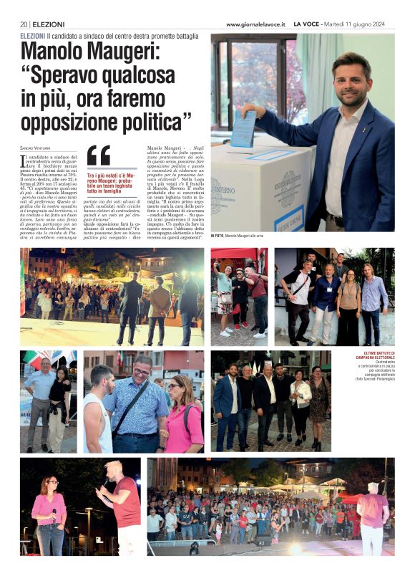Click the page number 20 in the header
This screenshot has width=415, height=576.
[24, 24]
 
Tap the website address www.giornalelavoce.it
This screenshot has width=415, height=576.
[255, 24]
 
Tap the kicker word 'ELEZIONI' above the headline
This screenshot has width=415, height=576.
[33, 35]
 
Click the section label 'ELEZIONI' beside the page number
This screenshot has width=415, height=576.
[49, 24]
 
